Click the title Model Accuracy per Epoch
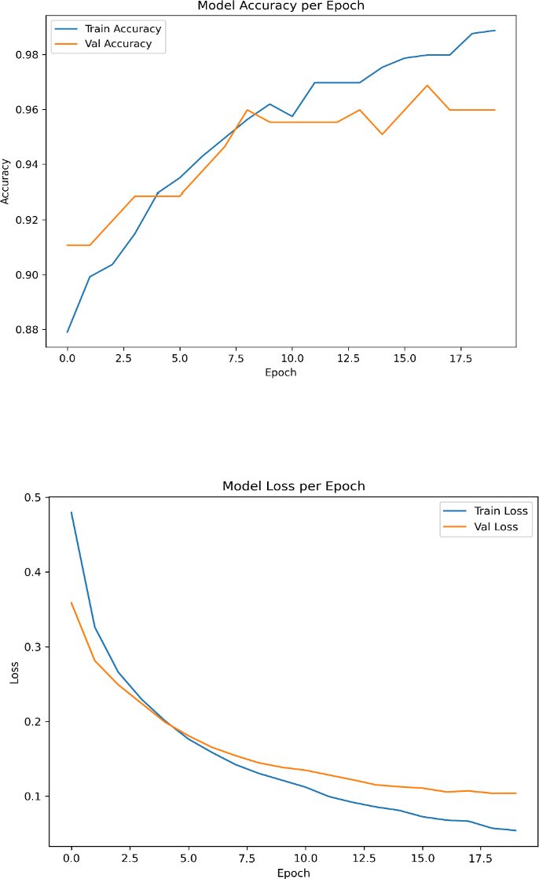281,6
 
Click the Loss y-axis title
15,672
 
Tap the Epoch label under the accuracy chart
281,372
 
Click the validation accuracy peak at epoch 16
427,86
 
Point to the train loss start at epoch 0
71,512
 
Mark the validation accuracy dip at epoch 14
382,134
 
